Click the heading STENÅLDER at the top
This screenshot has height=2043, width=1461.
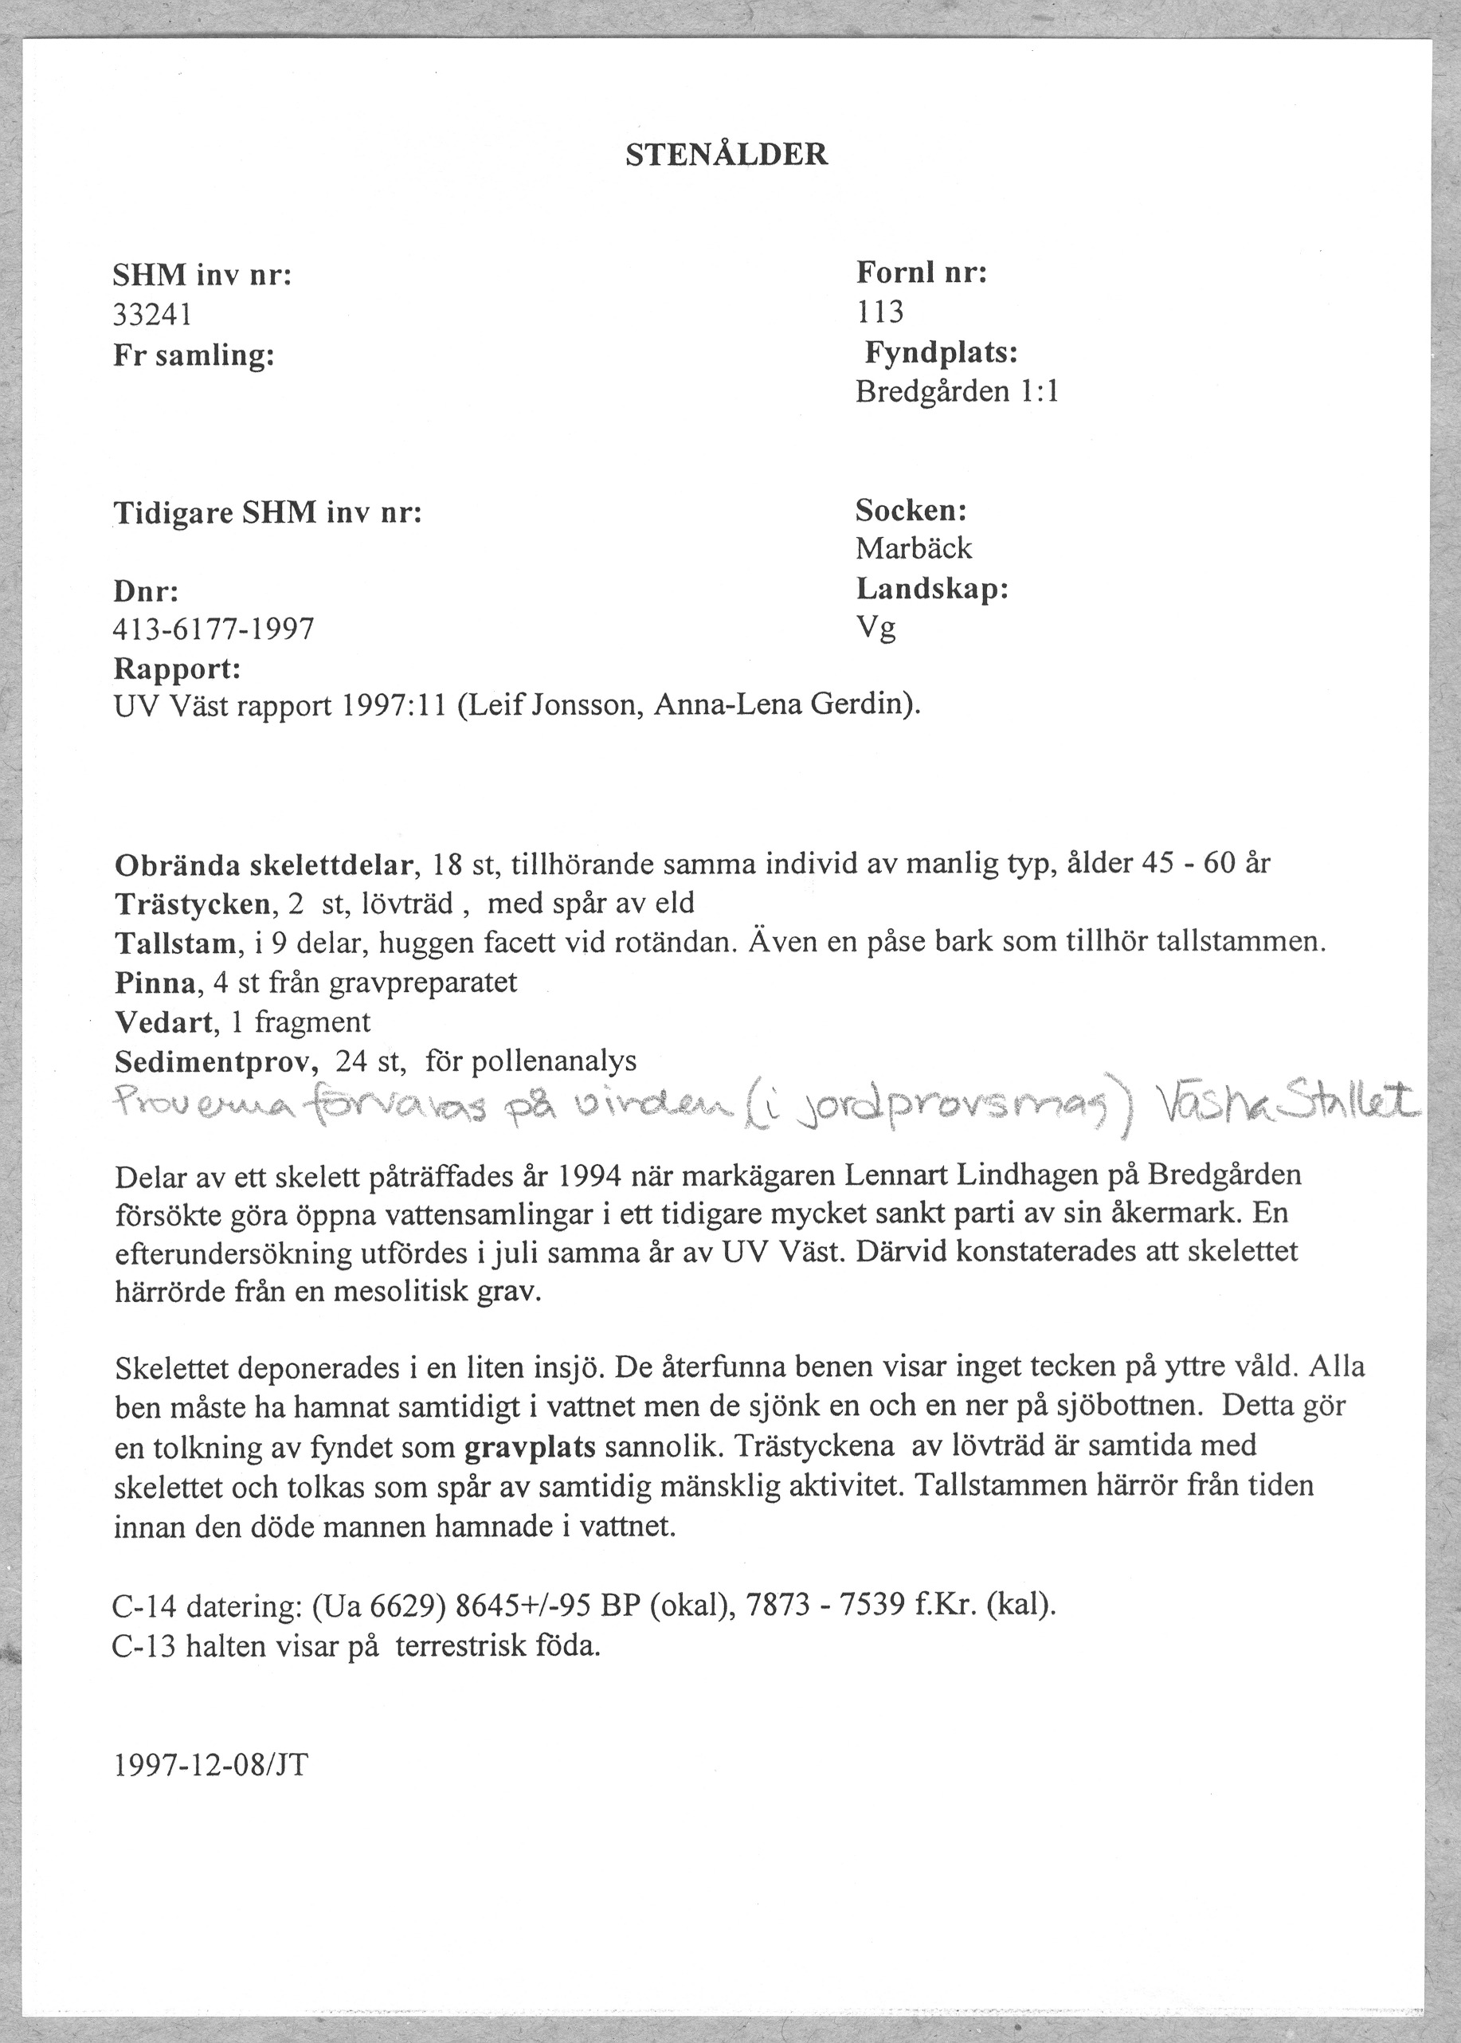(x=726, y=155)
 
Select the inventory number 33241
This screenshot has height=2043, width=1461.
(x=152, y=315)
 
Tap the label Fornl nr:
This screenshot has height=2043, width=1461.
(x=921, y=272)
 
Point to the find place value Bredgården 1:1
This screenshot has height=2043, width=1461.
(x=956, y=392)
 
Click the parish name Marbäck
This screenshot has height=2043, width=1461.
(x=913, y=548)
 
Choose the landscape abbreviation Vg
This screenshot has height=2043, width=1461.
(x=875, y=628)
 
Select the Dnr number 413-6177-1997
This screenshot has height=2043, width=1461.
(x=214, y=629)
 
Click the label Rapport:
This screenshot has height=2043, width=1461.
(x=177, y=669)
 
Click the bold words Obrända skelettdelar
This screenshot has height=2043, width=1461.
(x=264, y=865)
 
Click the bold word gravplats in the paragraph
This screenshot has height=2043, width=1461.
(x=531, y=1446)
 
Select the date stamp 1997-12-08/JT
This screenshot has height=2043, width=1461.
(x=211, y=1764)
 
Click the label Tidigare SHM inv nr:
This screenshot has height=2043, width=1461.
(x=267, y=514)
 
